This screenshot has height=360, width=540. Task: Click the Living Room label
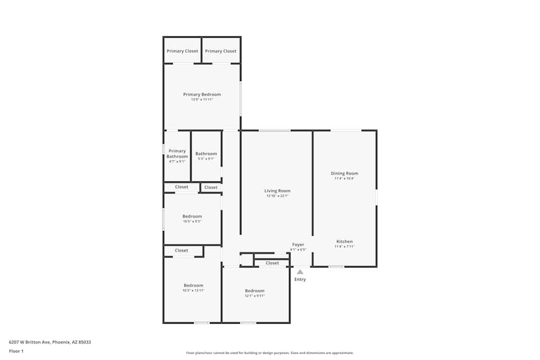[x=277, y=191]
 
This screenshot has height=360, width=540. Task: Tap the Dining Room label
[x=345, y=173]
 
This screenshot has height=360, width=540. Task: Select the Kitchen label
[x=345, y=241]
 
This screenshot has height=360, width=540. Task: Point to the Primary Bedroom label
[x=202, y=94]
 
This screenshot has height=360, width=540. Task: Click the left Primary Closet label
[x=183, y=51]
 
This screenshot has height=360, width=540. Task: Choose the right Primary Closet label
[x=221, y=51]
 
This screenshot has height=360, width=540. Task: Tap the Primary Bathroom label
[x=177, y=154]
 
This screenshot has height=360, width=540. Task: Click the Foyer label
[x=298, y=244]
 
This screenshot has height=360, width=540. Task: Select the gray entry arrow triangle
[x=300, y=272]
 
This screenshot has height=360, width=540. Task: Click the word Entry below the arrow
[x=300, y=280]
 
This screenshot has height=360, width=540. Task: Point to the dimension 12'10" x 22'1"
[x=278, y=196]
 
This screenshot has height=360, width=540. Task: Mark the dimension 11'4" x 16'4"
[x=345, y=179]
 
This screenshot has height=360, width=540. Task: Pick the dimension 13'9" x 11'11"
[x=202, y=100]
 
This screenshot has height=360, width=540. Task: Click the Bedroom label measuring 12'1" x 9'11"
[x=255, y=290]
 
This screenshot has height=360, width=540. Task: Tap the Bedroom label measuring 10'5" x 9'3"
[x=192, y=216]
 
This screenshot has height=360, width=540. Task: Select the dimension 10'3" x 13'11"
[x=193, y=291]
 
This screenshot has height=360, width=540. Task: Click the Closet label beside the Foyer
[x=272, y=263]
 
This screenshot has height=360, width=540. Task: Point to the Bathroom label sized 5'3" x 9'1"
[x=206, y=154]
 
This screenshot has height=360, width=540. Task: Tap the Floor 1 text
[x=17, y=351]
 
